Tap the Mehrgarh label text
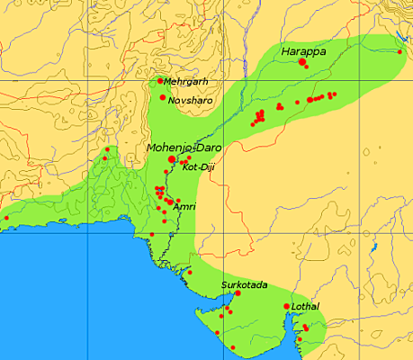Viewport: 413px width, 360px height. point(185,82)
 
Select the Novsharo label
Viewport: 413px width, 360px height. point(191,99)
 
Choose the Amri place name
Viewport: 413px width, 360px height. point(184,206)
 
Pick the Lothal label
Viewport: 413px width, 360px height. point(306,307)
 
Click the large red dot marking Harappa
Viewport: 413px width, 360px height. point(301,62)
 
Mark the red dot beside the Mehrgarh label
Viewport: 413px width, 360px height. point(160,81)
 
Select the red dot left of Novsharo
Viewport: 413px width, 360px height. point(163,97)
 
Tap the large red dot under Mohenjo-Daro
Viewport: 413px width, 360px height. point(172,158)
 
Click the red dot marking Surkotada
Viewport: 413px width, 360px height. point(238,293)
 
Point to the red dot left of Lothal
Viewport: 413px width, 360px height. point(287,307)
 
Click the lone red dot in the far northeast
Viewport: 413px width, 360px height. point(400,51)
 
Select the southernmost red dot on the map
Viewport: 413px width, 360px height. point(233,346)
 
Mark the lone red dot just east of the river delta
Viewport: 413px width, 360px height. point(190,271)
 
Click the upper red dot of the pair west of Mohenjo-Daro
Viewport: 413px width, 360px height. point(106,149)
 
